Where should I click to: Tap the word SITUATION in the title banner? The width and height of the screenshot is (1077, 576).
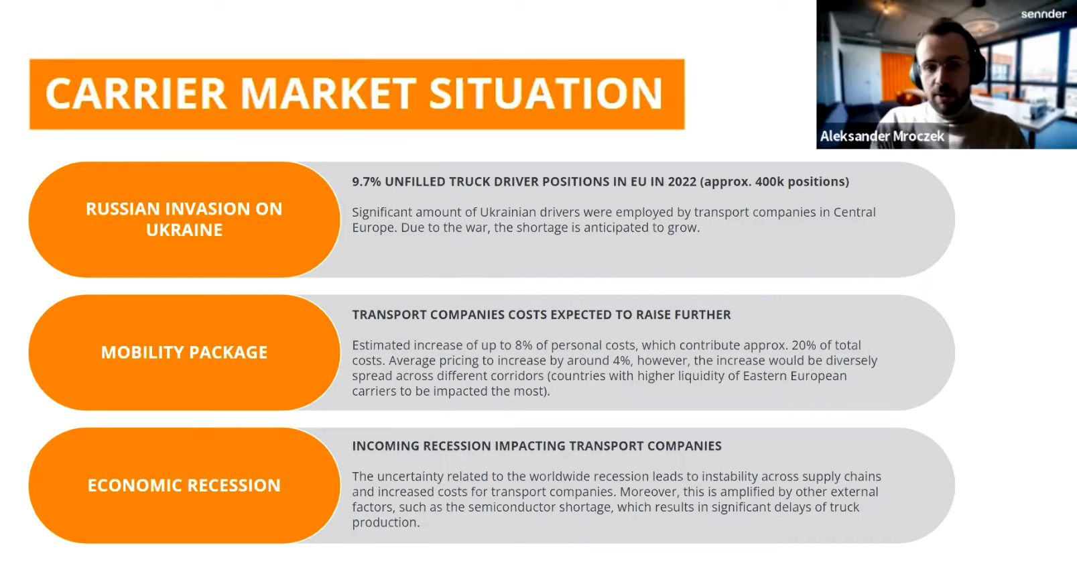546,93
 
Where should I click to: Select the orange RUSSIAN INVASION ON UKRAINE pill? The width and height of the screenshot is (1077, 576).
184,219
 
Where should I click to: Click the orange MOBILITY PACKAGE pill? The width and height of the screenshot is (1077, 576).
184,352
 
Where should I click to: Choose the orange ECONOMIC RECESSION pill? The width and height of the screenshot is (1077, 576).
184,485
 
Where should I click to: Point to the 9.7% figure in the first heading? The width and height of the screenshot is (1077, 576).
366,182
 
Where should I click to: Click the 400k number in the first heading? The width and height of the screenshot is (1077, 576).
769,182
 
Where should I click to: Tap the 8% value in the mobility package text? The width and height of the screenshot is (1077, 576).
523,345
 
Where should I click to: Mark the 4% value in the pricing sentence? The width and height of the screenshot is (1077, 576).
621,361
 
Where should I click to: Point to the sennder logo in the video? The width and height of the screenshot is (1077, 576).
1043,14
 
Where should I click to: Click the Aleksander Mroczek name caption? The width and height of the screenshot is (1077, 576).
882,136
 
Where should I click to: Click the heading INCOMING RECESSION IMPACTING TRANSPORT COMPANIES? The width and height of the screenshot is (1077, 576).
537,446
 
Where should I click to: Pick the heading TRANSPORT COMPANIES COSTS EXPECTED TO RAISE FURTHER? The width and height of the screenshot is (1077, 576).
542,314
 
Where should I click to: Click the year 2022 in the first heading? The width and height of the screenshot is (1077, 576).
682,182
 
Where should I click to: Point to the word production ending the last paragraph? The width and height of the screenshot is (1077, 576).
385,522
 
